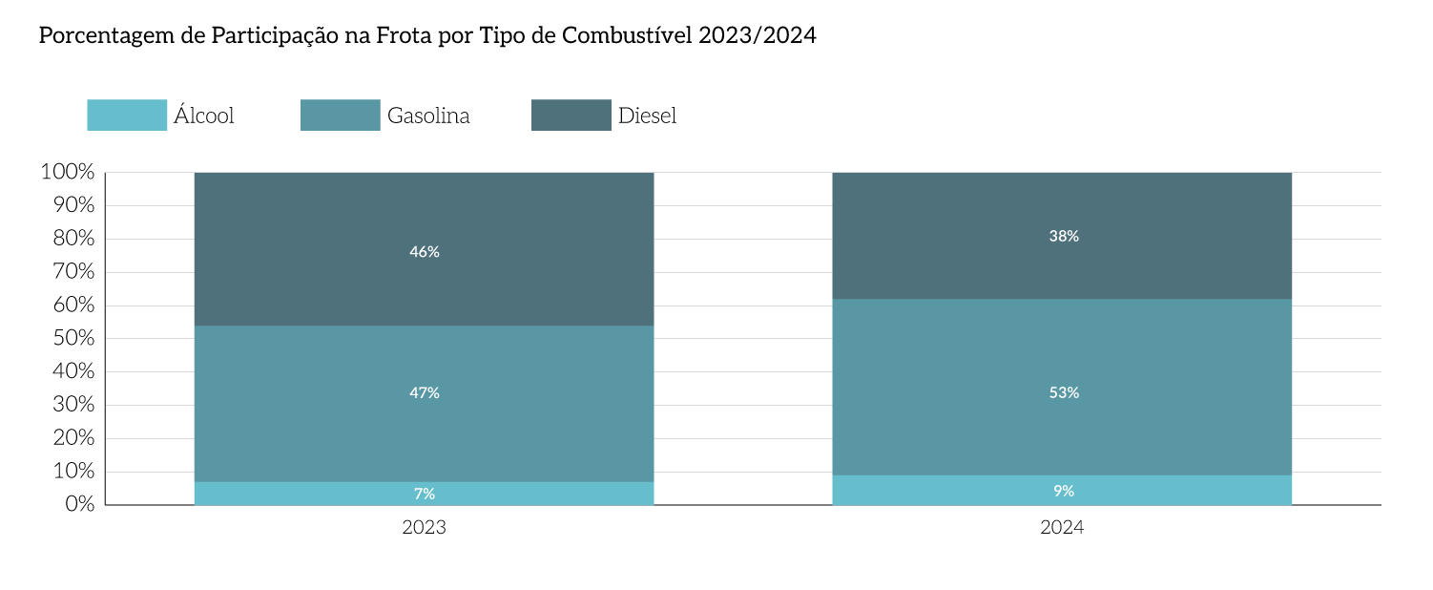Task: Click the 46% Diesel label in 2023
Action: [x=425, y=252]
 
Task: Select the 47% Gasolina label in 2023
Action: [x=425, y=392]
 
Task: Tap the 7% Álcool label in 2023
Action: [x=425, y=494]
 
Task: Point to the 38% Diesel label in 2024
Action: [x=1064, y=236]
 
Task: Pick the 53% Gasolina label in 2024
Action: [x=1064, y=392]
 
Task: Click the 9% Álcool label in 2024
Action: [x=1064, y=491]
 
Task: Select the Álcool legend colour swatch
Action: [x=127, y=116]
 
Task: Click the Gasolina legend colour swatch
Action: [x=340, y=116]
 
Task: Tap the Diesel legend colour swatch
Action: [x=571, y=116]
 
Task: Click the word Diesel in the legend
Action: [x=647, y=116]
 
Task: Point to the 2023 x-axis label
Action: [x=425, y=527]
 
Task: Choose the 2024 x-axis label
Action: [x=1062, y=527]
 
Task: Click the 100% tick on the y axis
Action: [x=68, y=173]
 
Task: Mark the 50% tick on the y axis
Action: [x=72, y=339]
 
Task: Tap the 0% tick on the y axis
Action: [x=80, y=504]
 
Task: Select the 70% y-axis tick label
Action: [x=72, y=272]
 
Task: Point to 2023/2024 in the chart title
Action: [x=758, y=36]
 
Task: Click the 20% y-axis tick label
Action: [x=72, y=438]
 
